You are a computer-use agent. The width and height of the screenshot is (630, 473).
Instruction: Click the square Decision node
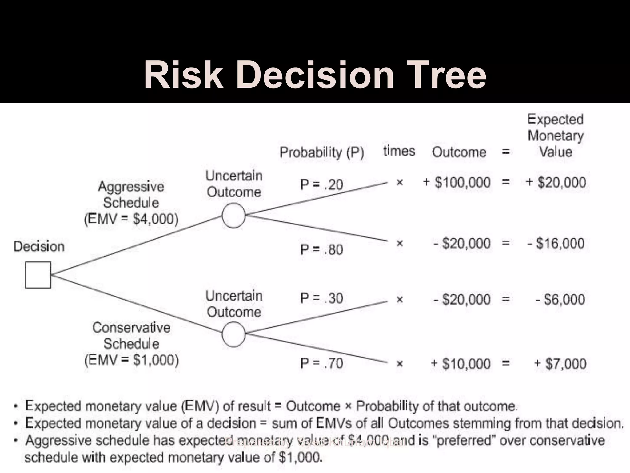tap(38, 275)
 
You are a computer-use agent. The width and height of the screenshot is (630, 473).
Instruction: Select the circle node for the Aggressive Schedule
tap(233, 215)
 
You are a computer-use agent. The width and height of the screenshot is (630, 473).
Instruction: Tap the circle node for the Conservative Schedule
tap(233, 334)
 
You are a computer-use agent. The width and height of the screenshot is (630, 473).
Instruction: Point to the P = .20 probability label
tap(321, 185)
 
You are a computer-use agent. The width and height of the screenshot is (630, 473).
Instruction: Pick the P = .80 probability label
tap(321, 249)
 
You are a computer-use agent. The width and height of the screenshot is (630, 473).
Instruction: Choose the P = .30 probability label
tap(321, 298)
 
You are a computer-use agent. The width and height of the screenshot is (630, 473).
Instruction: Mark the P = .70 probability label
tap(321, 363)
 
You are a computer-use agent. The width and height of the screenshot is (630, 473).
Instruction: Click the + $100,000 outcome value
tap(457, 182)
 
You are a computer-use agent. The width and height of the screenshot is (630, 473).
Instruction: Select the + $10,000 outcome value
tap(461, 364)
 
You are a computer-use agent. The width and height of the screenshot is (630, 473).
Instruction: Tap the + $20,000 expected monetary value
tap(556, 182)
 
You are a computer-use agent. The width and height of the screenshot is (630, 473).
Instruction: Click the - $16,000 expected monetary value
tap(556, 243)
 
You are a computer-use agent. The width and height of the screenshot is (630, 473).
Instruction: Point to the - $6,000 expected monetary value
tap(560, 299)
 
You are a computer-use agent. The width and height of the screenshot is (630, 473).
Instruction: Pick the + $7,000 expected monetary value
tap(560, 364)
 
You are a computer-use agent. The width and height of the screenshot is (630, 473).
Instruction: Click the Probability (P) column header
tap(322, 152)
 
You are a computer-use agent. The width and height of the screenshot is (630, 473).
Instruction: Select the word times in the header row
tap(399, 151)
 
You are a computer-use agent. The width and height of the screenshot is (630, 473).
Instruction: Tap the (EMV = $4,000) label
tap(131, 219)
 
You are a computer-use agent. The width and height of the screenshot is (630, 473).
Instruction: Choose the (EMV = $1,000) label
tap(132, 360)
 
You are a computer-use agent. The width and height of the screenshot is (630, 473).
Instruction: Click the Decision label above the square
tap(39, 247)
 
